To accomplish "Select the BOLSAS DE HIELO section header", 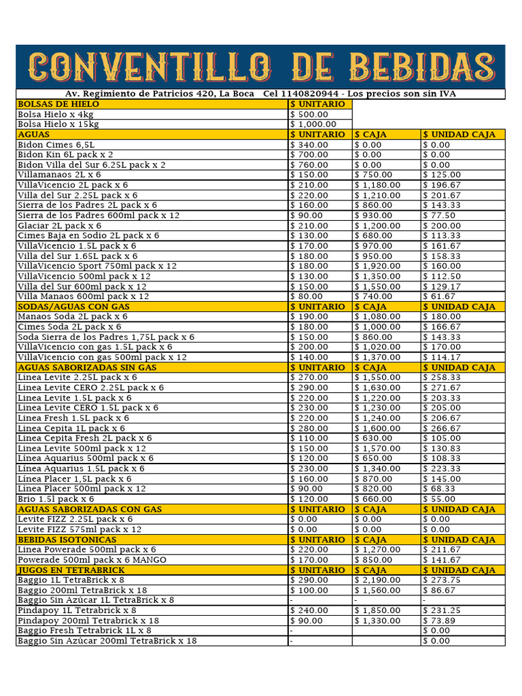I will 58,104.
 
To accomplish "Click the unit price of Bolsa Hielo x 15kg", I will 313,124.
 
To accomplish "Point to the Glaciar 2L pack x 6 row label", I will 59,226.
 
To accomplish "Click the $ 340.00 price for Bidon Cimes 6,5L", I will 309,145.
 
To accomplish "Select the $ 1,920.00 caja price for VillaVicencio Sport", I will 377,266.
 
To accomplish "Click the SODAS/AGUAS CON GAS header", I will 73,307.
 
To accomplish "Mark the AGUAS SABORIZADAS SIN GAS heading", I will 87,367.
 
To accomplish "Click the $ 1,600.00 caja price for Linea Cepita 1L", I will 377,428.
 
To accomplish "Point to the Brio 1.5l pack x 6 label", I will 56,499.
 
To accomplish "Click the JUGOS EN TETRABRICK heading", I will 71,570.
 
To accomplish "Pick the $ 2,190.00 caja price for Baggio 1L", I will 377,580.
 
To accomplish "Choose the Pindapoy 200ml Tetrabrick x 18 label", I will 88,621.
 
